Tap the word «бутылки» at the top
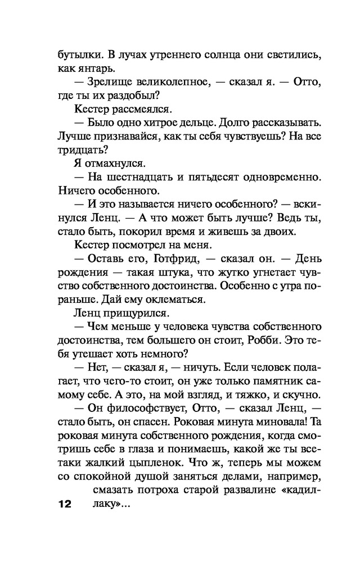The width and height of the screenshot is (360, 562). coord(76,55)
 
